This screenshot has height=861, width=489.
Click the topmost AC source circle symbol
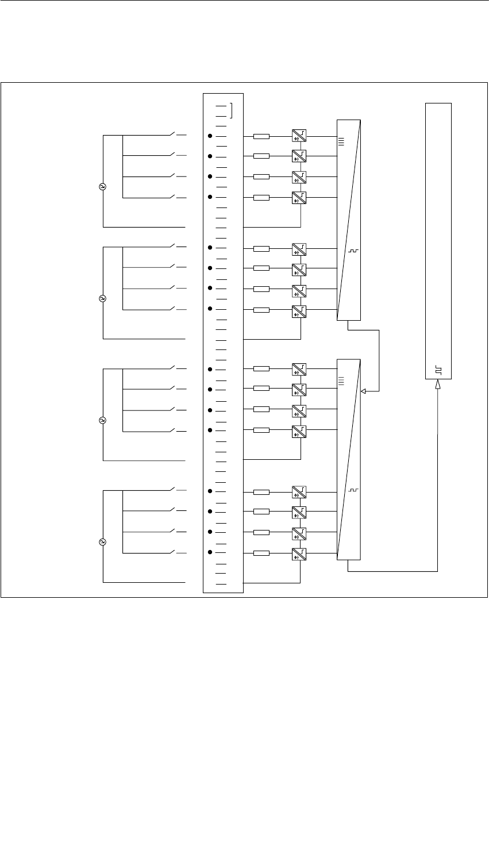(x=103, y=186)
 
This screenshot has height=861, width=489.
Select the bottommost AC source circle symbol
(x=103, y=542)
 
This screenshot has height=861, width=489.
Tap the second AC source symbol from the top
(x=103, y=298)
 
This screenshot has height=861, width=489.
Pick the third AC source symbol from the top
(x=103, y=420)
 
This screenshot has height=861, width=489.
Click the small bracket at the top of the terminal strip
(x=230, y=110)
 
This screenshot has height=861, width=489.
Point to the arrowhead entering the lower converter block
(x=363, y=391)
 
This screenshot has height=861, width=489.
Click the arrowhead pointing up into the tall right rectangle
(x=438, y=387)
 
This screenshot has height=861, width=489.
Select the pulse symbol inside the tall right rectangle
(x=438, y=370)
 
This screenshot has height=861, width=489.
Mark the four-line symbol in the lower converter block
(x=341, y=380)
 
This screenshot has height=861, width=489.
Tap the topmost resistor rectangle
(x=261, y=137)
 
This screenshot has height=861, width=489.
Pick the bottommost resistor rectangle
(x=261, y=553)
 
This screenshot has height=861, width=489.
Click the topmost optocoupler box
(x=299, y=136)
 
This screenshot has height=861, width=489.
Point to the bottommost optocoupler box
(x=299, y=554)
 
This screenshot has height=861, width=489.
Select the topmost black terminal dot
(x=210, y=136)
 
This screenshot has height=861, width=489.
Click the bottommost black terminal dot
(x=210, y=552)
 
